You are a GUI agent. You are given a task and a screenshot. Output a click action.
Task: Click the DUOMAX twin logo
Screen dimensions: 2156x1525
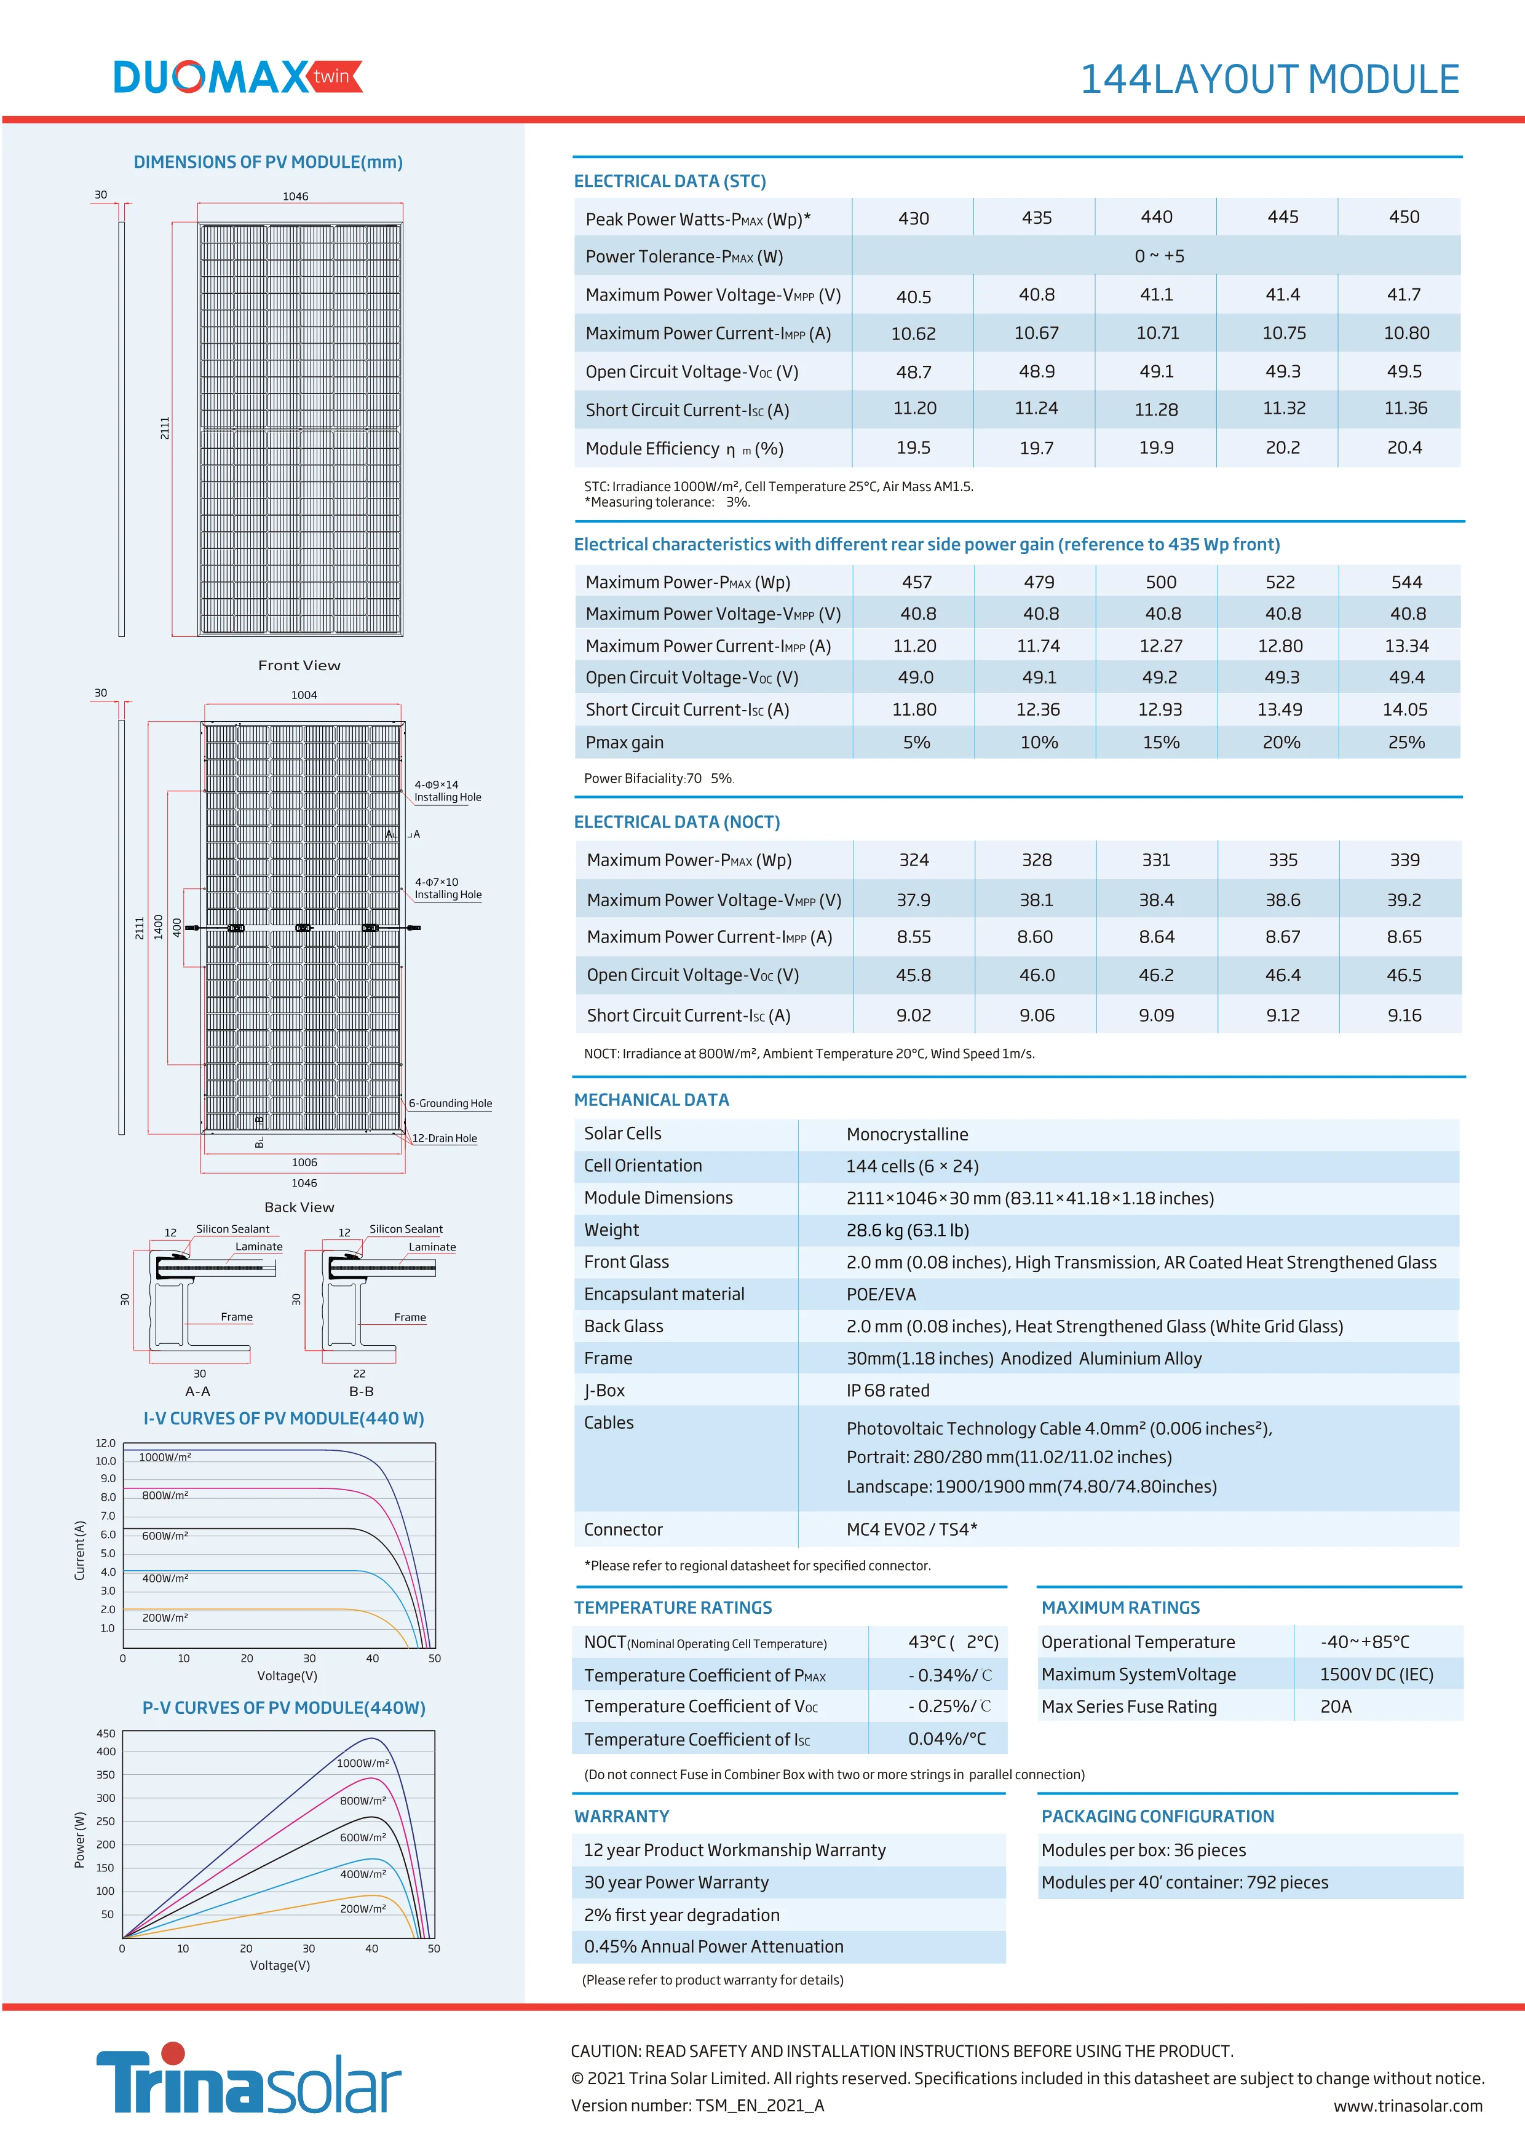237,77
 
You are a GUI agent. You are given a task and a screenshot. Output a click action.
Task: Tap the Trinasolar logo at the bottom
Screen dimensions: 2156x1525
249,2080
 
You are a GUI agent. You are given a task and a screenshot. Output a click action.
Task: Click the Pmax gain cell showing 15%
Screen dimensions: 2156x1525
1160,742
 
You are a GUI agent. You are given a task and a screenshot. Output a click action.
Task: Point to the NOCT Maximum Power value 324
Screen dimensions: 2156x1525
913,859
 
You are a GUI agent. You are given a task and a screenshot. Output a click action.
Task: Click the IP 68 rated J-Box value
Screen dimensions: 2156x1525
887,1390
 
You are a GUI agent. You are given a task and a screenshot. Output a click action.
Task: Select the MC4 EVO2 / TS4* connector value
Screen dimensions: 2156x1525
911,1529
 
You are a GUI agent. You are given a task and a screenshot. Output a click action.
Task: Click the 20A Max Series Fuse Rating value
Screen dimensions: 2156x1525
1336,1706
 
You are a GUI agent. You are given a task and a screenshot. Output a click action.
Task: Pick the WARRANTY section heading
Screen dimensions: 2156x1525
622,1816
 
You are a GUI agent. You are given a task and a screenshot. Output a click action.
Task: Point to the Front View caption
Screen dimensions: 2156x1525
299,665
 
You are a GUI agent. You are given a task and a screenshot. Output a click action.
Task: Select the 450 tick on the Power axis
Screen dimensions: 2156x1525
106,1734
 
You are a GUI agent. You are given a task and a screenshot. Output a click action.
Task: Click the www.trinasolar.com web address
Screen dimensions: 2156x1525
1408,2106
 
